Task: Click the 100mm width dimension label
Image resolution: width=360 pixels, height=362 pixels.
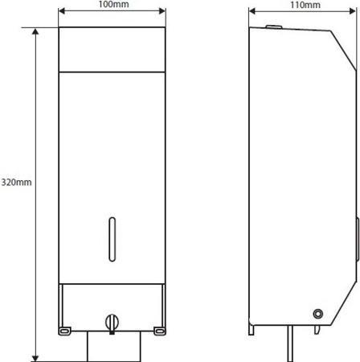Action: point(113,4)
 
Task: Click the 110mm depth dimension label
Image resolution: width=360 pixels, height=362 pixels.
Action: point(305,5)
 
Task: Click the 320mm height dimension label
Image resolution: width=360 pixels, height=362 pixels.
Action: point(16,183)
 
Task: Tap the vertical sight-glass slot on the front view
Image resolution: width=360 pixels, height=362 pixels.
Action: point(112,239)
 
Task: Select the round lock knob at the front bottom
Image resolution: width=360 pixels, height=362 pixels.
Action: point(112,323)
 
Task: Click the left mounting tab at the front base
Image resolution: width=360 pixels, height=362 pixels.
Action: point(65,331)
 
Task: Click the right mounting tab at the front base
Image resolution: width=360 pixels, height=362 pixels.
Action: point(160,331)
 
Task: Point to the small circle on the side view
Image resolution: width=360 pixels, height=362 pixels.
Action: point(318,314)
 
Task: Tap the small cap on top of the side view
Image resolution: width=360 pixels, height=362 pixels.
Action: point(274,27)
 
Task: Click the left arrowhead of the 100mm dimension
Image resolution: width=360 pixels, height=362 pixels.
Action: point(62,11)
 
